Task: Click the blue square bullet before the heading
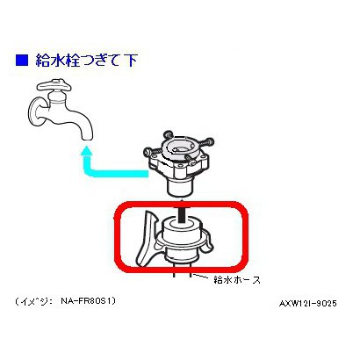22,60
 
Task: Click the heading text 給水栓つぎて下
87,61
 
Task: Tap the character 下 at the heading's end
130,61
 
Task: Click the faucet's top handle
54,85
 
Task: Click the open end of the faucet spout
87,137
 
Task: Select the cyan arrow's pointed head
86,152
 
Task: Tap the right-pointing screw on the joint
205,142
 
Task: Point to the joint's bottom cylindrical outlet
179,188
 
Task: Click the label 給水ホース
237,280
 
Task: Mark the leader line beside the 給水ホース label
201,276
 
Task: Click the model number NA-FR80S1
89,300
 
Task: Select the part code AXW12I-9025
308,304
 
